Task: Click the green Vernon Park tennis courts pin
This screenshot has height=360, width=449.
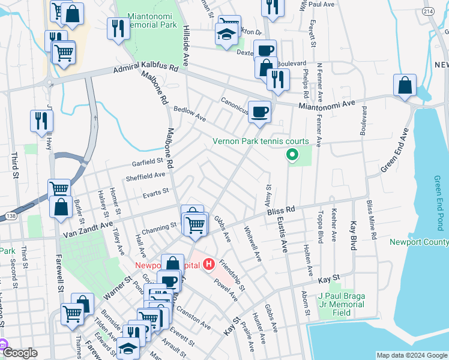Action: click(292, 156)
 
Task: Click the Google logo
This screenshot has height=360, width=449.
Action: click(20, 353)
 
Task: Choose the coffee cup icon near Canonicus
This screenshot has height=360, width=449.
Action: click(259, 112)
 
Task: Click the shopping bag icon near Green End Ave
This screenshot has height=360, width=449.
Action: click(405, 86)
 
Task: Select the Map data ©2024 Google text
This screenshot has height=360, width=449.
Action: click(412, 355)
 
